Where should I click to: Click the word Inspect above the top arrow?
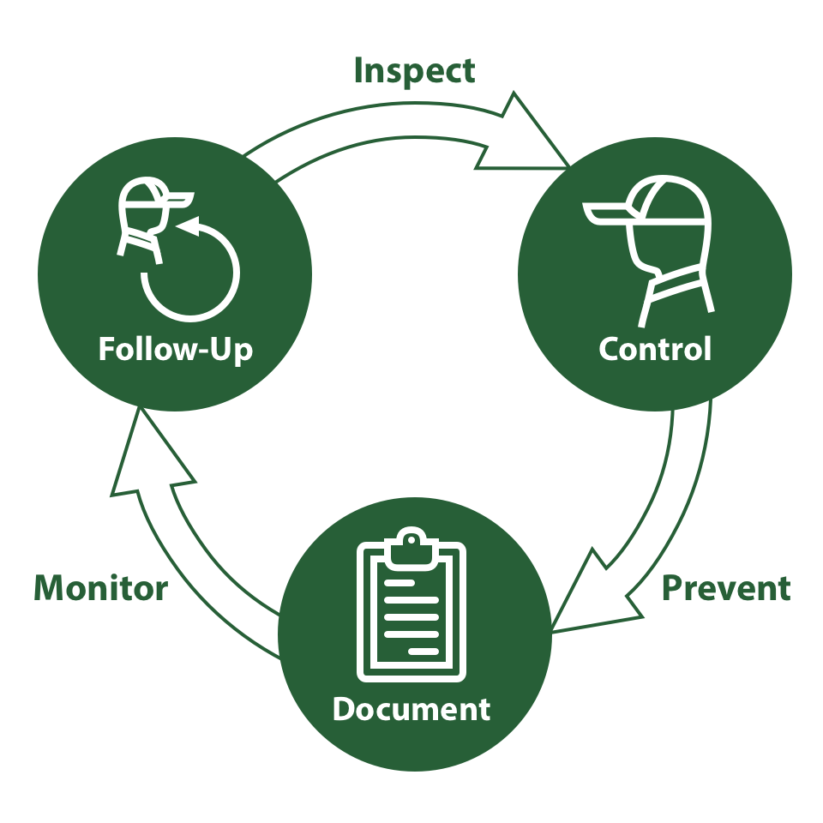tap(414, 71)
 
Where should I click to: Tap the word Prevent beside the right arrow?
tap(726, 589)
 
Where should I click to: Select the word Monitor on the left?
tap(100, 589)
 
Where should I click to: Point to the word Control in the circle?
tap(655, 350)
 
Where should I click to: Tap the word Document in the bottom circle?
tap(411, 709)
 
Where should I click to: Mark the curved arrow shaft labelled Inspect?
tap(377, 129)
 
